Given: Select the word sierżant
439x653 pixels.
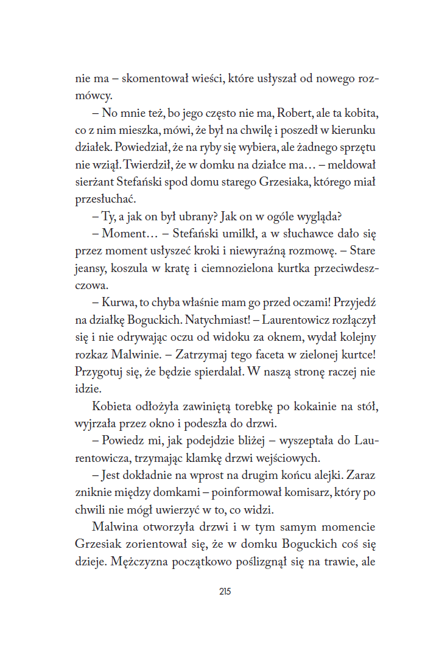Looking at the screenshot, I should tap(93, 181).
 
